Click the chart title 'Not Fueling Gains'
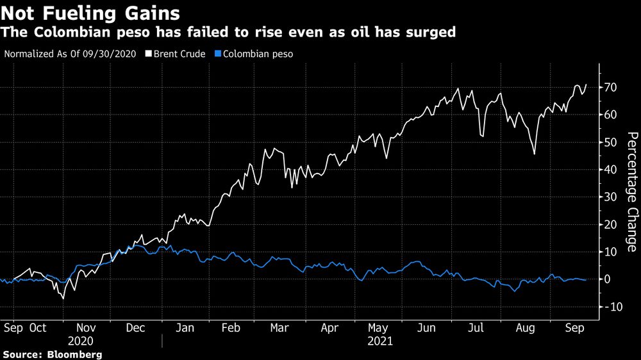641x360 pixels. click(90, 12)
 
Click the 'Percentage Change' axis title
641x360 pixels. click(631, 192)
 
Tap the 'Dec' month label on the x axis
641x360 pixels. click(135, 327)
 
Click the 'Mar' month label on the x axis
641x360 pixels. click(279, 327)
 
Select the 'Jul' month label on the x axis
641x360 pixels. click(475, 327)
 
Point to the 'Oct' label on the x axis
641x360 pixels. click(38, 327)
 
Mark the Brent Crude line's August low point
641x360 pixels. click(535, 154)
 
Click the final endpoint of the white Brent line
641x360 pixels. click(587, 85)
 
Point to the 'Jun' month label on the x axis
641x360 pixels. click(426, 327)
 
